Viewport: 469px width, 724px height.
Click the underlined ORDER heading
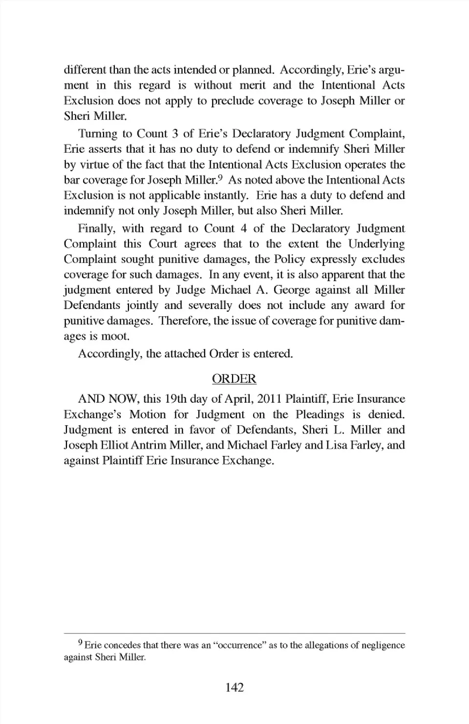click(x=234, y=379)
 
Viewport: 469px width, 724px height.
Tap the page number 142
click(x=234, y=687)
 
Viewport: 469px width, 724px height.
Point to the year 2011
click(x=269, y=399)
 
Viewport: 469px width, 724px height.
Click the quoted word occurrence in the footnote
click(x=240, y=645)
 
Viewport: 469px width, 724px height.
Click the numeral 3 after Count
click(x=174, y=134)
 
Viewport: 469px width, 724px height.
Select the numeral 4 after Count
click(x=243, y=228)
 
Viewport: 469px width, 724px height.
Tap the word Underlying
click(x=376, y=244)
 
